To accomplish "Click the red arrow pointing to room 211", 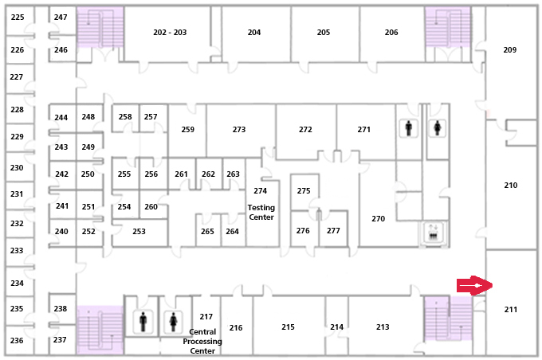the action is point(474,285).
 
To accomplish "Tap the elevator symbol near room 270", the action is point(434,233).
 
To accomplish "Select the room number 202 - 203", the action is point(170,33).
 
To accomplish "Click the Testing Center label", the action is point(261,212).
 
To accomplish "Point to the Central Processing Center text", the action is point(202,341).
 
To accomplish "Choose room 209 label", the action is point(510,49).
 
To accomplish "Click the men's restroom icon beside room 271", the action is point(409,128).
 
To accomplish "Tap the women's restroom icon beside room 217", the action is point(173,322).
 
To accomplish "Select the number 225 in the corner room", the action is point(18,17).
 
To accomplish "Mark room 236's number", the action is point(17,340).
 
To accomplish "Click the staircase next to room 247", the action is point(100,27).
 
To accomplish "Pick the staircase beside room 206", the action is point(448,27).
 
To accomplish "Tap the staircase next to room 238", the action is point(100,330).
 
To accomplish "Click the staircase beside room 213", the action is point(448,319).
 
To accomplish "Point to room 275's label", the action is point(304,190).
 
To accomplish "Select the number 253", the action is point(139,231).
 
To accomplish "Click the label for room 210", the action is point(511,186).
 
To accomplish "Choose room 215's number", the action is point(288,327).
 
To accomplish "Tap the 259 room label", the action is point(187,129).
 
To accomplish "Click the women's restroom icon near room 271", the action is point(438,128).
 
